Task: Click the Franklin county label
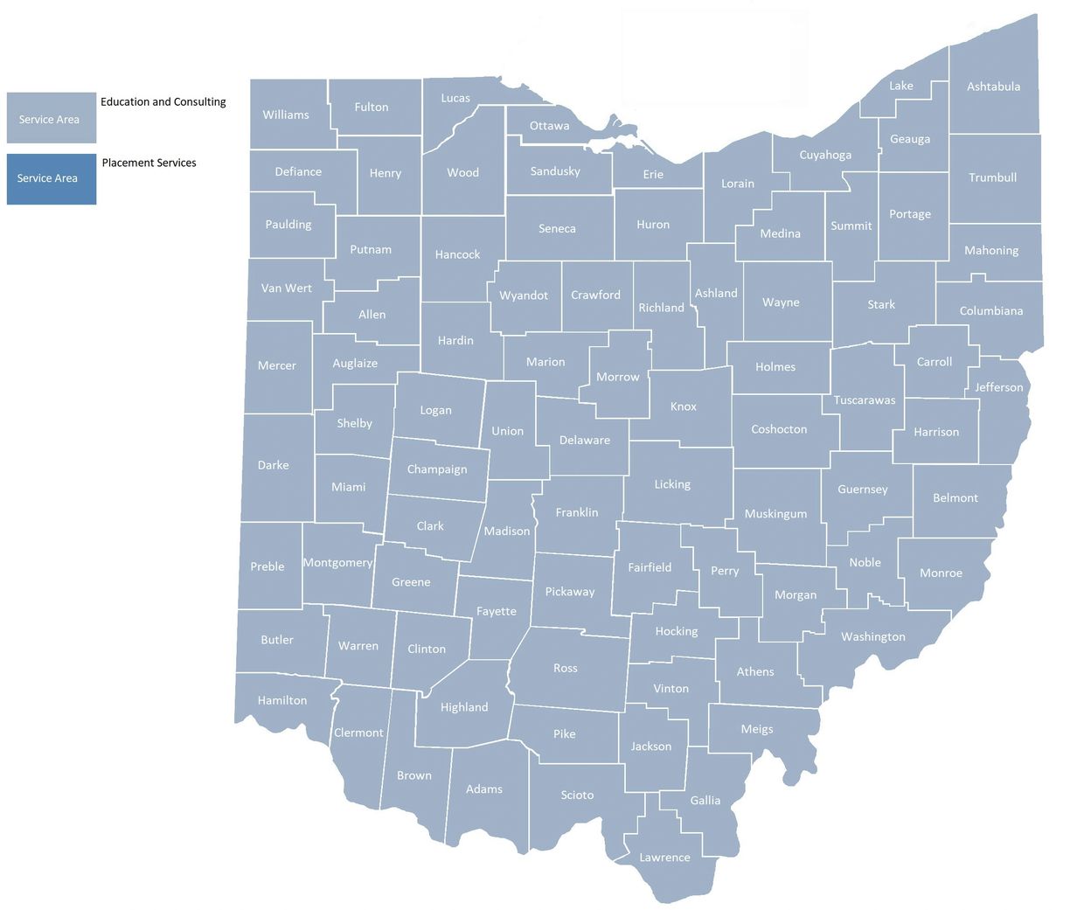click(577, 512)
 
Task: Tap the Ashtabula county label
click(993, 87)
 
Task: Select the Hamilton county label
click(282, 700)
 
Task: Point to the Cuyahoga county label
click(825, 155)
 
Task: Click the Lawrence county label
click(664, 858)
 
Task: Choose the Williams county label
click(286, 115)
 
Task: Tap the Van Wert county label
click(286, 288)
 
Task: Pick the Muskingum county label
click(775, 514)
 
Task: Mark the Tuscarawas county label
click(864, 400)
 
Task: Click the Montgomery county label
click(337, 563)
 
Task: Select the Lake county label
click(900, 86)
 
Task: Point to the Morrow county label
click(617, 377)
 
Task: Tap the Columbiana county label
click(990, 311)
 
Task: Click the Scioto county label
click(577, 795)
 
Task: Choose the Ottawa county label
click(549, 126)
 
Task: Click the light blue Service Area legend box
click(51, 118)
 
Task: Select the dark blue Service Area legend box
click(51, 178)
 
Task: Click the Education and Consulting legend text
click(163, 101)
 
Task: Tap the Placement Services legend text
click(149, 163)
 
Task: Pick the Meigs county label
click(756, 729)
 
